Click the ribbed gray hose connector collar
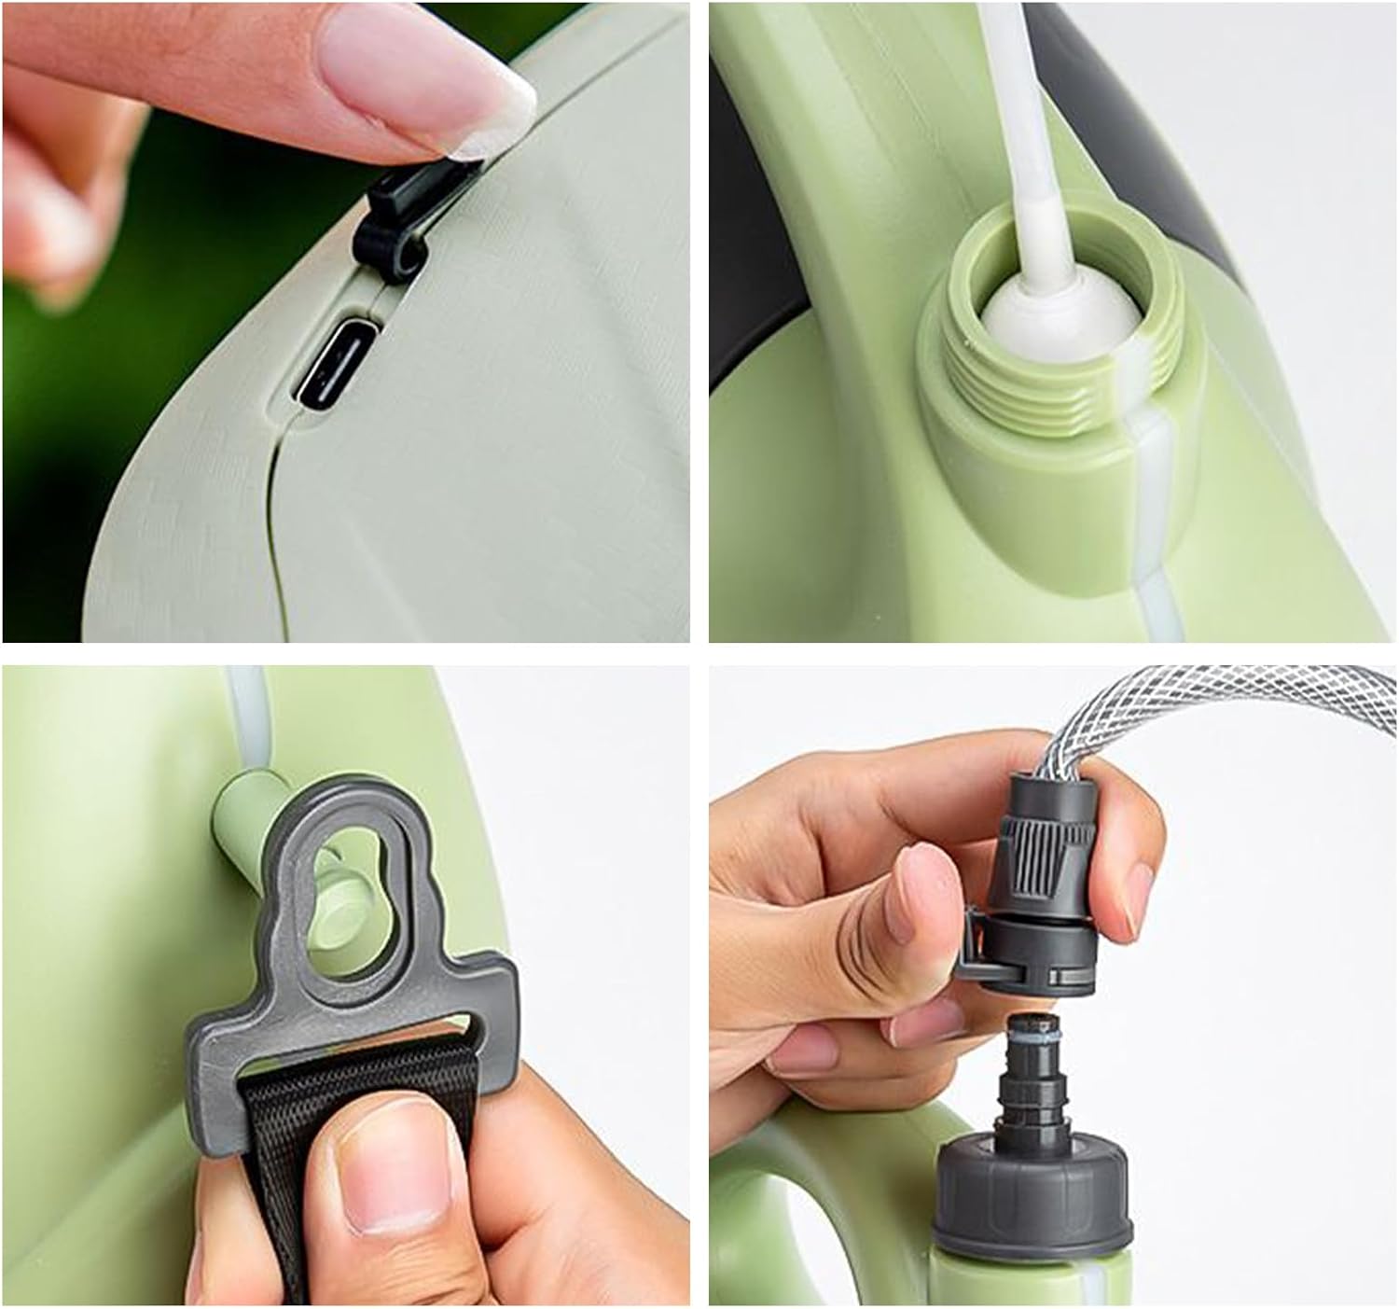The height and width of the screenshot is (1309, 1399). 1049,849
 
